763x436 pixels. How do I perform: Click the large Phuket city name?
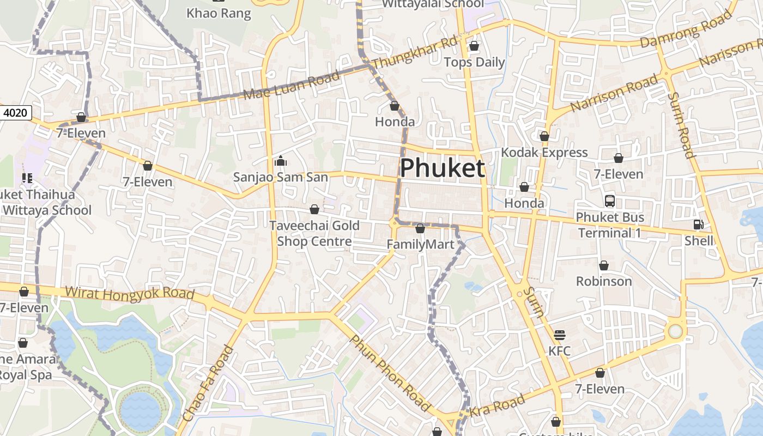[x=442, y=168]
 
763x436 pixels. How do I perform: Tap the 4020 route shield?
[x=15, y=113]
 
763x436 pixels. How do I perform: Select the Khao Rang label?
[x=219, y=13]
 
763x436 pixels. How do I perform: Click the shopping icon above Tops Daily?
[x=474, y=46]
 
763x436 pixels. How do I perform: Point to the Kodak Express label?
[x=544, y=152]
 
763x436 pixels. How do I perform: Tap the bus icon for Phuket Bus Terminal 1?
[x=610, y=201]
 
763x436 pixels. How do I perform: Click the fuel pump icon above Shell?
[x=698, y=224]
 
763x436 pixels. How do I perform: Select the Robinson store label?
[x=604, y=281]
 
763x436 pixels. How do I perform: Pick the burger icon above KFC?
[x=560, y=335]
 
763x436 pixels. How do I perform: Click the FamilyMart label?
[x=420, y=244]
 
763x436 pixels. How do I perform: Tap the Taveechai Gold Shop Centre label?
[x=314, y=233]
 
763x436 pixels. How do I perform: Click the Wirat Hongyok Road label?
[x=130, y=293]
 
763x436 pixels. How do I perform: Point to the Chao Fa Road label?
[x=208, y=383]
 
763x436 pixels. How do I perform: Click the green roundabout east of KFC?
[x=675, y=331]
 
